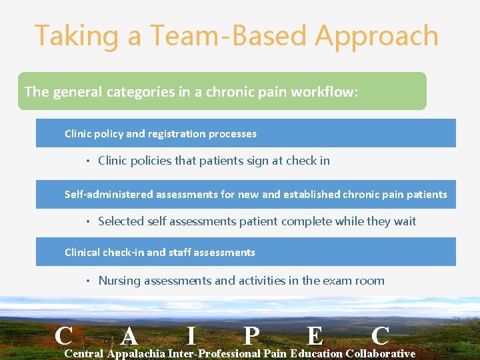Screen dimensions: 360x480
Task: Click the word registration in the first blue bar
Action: pos(179,134)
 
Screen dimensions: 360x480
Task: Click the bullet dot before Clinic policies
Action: pos(88,161)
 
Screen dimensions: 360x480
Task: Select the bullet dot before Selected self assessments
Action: pos(88,222)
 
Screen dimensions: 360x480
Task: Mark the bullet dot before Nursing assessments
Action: pos(88,281)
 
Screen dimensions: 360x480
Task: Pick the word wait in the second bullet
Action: pos(404,221)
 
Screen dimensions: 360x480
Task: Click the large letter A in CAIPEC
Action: pos(131,335)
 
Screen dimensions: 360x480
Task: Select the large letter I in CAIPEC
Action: pos(191,335)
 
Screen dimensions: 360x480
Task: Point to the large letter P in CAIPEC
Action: pos(251,335)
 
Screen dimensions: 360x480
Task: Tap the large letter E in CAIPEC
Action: pos(315,335)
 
